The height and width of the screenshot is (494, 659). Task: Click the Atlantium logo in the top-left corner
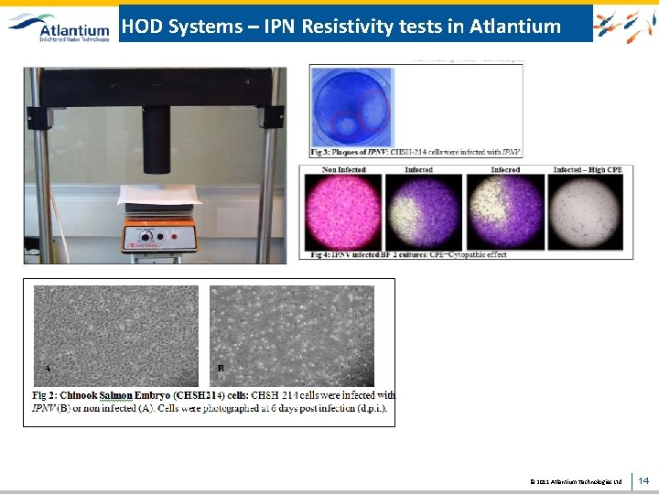[x=59, y=27]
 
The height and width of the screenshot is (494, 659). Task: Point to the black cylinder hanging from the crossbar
[x=157, y=136]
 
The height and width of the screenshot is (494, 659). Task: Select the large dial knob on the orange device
[x=144, y=238]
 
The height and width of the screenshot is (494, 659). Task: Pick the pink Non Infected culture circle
[x=344, y=210]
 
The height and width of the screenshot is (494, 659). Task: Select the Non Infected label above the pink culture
[x=344, y=169]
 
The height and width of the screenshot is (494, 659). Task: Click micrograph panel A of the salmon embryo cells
[x=115, y=335]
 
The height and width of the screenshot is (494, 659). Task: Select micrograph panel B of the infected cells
[x=291, y=335]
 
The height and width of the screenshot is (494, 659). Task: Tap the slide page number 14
[x=643, y=479]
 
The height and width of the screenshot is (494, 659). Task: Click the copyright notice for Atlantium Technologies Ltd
[x=576, y=480]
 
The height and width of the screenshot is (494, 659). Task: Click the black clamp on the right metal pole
[x=269, y=117]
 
